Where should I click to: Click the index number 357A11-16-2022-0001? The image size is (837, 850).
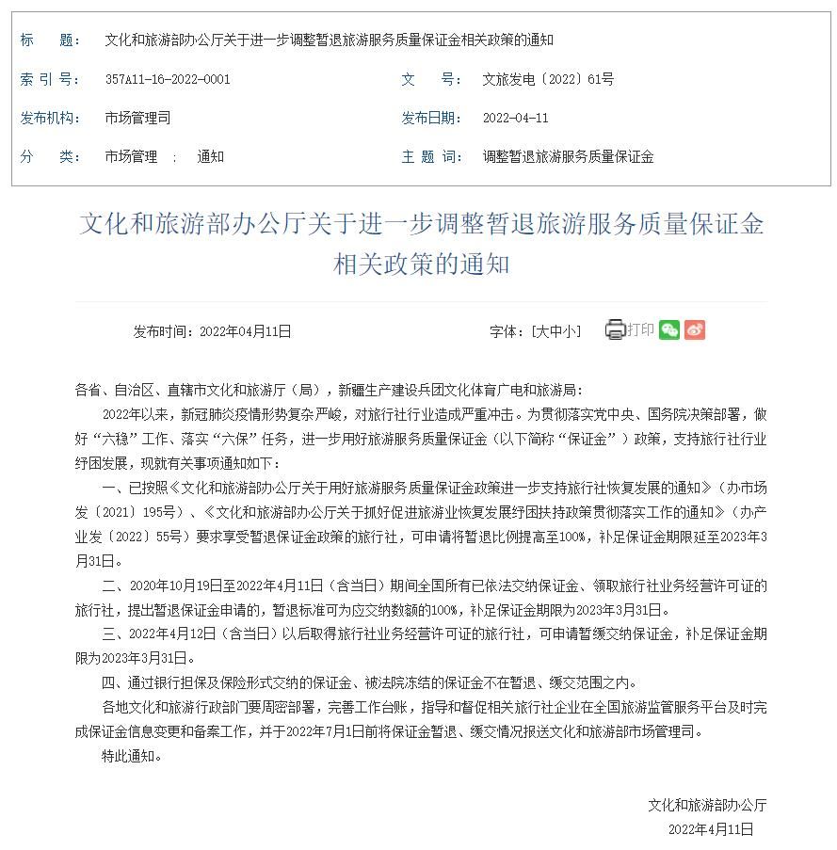[167, 80]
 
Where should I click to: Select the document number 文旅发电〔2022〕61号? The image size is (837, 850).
[547, 80]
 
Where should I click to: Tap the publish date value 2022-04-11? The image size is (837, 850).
[515, 119]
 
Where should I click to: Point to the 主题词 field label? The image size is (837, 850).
[431, 157]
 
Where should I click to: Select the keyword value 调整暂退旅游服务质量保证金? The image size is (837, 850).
[567, 157]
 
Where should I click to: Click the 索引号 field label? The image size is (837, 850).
[50, 80]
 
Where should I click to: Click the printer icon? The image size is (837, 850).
[615, 329]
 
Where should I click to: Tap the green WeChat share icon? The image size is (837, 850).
[669, 329]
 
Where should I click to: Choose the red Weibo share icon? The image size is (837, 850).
[695, 329]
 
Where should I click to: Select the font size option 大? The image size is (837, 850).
[542, 331]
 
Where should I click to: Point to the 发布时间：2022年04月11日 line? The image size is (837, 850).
[212, 331]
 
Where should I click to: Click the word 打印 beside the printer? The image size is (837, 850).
[640, 329]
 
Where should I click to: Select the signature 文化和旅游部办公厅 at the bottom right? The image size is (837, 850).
[706, 806]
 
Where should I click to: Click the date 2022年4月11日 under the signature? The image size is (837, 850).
[711, 829]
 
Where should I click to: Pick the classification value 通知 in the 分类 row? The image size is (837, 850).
[210, 157]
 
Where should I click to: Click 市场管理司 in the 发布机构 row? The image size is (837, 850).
[137, 119]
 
